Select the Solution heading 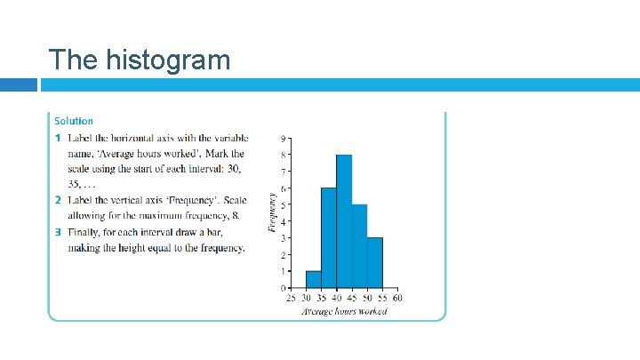[74, 121]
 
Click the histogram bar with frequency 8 [344, 221]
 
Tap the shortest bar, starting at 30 [314, 279]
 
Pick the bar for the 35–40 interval [329, 237]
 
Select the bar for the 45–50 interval [359, 246]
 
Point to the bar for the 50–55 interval [374, 262]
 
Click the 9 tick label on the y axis [283, 139]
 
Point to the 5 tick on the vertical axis [283, 205]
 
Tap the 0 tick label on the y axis [283, 288]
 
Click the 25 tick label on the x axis [291, 298]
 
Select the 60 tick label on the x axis [397, 298]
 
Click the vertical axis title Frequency [272, 213]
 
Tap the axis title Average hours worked [344, 312]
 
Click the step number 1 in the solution [58, 138]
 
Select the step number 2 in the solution [58, 199]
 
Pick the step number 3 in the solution [58, 233]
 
